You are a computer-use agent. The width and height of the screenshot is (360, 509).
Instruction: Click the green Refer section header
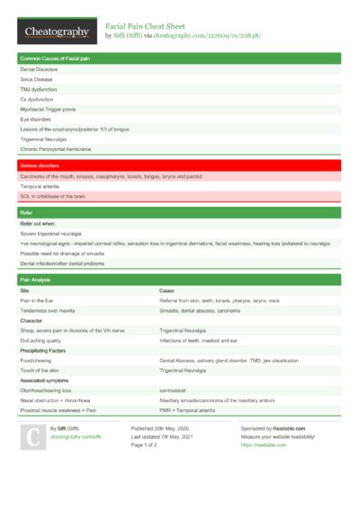(27, 212)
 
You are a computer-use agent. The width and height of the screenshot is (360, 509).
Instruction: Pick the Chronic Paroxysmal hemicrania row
(56, 148)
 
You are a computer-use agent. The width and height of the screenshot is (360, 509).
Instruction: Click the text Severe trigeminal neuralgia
(50, 232)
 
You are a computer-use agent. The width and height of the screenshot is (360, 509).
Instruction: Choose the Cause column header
(166, 291)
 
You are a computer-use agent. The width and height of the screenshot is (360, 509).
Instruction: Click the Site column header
(25, 291)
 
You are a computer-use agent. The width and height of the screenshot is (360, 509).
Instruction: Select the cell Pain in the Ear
(40, 301)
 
